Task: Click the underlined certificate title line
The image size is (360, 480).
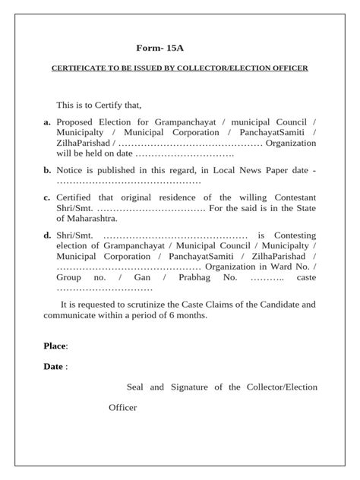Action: [180, 68]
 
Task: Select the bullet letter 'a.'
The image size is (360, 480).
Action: [47, 121]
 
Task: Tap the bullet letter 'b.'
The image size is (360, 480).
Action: [47, 170]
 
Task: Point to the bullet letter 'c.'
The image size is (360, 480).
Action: [47, 197]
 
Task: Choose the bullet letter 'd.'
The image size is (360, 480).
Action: [47, 235]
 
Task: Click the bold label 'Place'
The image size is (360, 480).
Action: [55, 346]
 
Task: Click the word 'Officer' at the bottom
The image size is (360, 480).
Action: [122, 408]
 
